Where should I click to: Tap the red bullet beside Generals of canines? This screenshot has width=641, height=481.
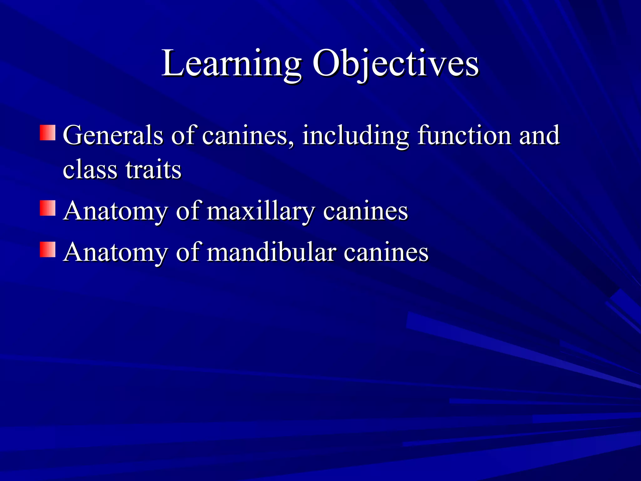click(x=48, y=133)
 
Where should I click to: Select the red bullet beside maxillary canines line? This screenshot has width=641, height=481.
click(x=48, y=208)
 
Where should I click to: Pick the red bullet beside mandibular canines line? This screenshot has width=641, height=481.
click(x=48, y=250)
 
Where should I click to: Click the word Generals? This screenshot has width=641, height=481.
click(x=113, y=135)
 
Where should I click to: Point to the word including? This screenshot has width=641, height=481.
click(x=356, y=136)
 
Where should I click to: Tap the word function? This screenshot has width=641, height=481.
click(x=464, y=135)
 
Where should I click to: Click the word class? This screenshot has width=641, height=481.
click(x=90, y=170)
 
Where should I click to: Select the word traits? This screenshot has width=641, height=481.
click(x=153, y=170)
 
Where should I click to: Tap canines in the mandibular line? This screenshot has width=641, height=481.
click(x=386, y=252)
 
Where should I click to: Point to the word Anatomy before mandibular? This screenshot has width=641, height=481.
click(x=115, y=252)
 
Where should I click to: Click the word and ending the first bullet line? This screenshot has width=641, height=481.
click(x=539, y=135)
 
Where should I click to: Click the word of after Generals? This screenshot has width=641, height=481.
click(x=183, y=135)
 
